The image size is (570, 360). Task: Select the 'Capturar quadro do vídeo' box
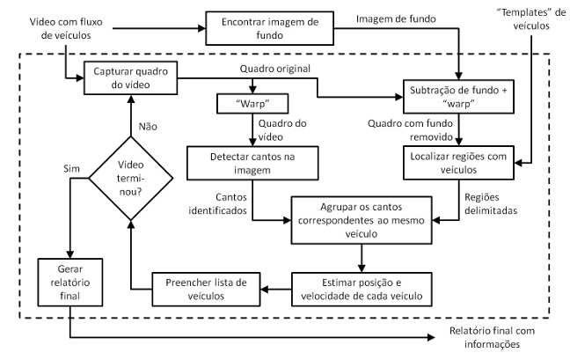pos(131,76)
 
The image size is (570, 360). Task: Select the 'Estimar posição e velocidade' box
pos(362,288)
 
